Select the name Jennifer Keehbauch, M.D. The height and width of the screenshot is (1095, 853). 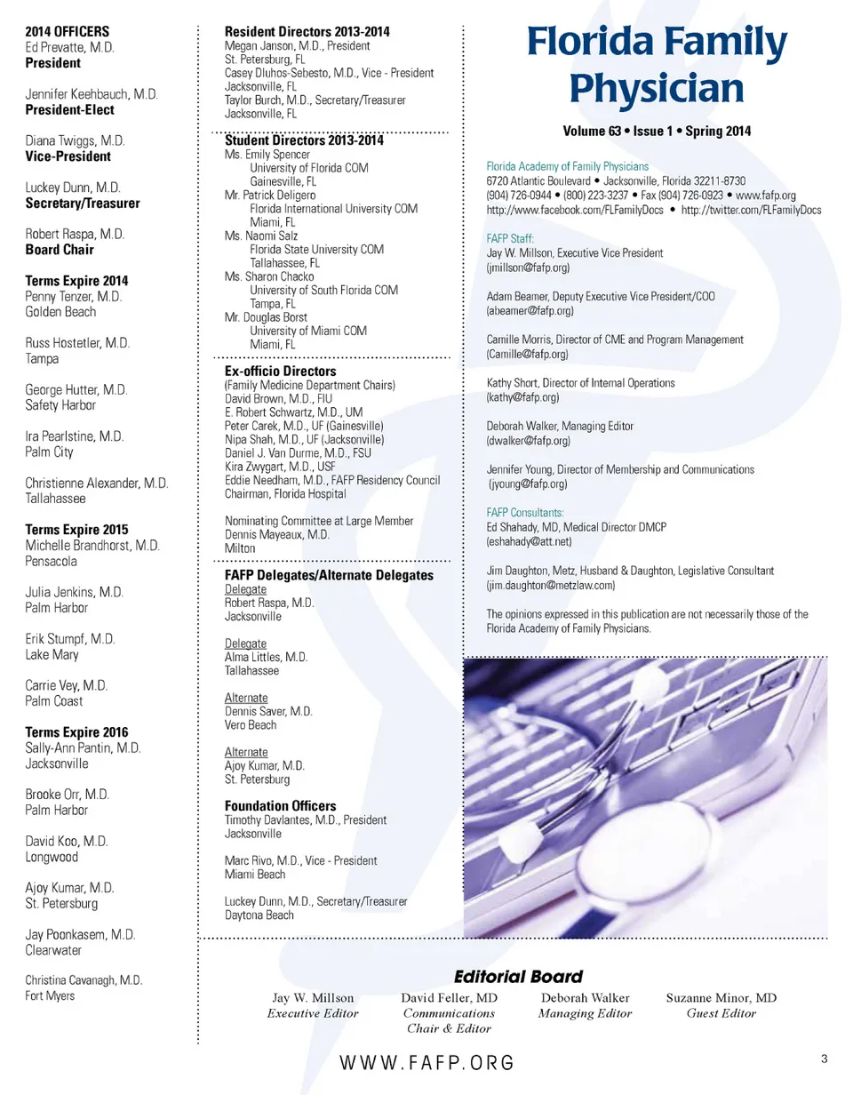click(92, 95)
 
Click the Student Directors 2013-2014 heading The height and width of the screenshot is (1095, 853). click(304, 140)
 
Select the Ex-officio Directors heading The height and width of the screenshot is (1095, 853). click(280, 371)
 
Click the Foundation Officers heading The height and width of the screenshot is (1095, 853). click(281, 806)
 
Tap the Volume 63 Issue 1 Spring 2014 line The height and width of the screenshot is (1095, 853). click(657, 132)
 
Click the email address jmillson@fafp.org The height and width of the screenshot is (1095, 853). click(528, 268)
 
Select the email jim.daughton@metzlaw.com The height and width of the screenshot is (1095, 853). click(553, 586)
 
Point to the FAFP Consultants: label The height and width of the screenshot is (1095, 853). click(525, 513)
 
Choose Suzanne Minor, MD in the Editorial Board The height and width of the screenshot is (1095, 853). click(721, 998)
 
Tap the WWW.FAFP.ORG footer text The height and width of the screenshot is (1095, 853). click(426, 1063)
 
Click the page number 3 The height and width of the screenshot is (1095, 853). click(825, 1059)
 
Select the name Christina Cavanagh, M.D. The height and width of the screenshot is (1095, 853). click(84, 980)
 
